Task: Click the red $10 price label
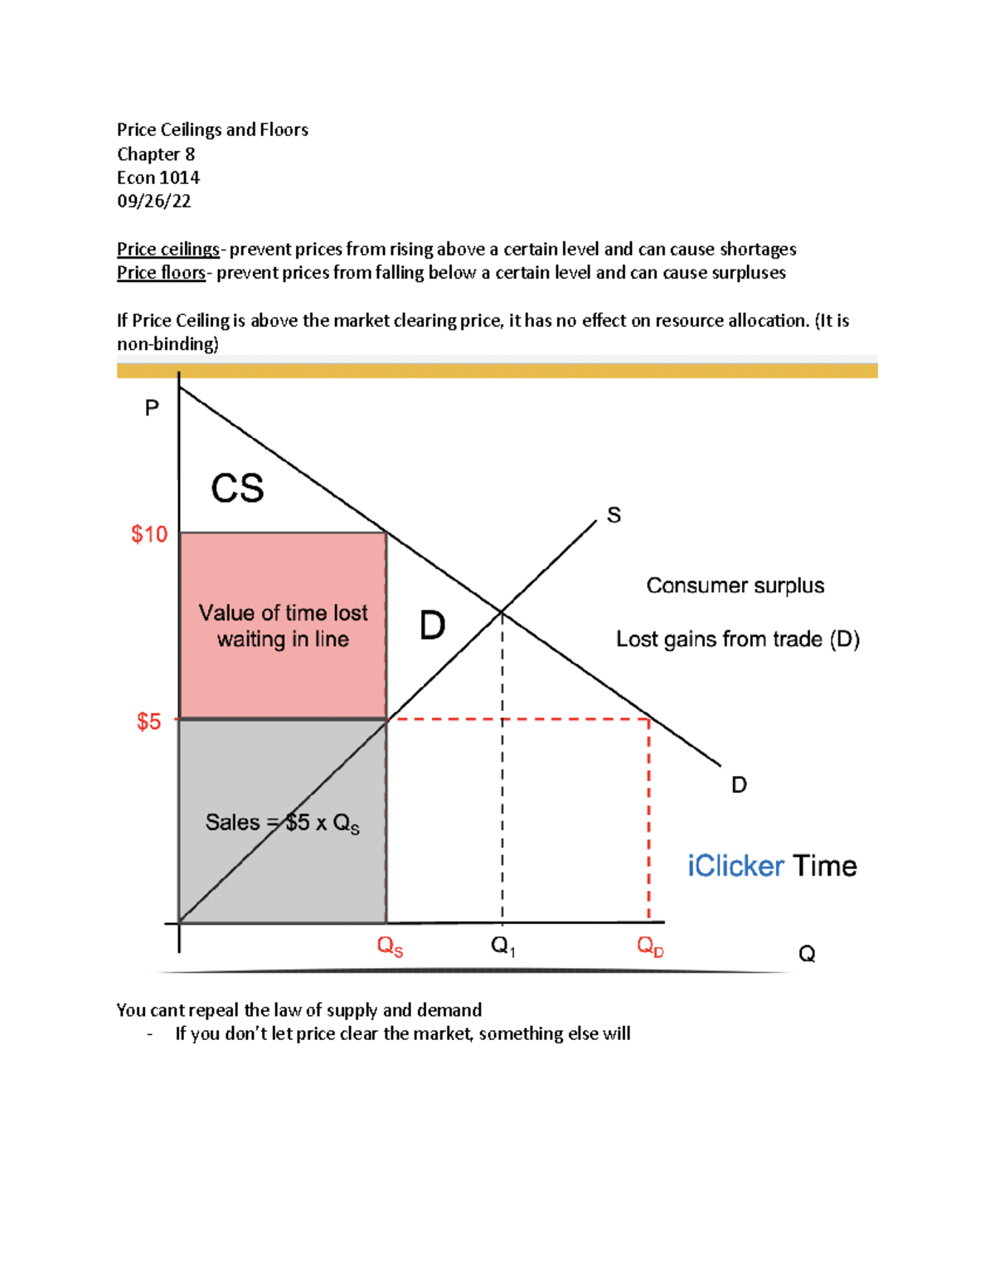(149, 534)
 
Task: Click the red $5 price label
(148, 722)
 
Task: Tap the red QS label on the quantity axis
(390, 946)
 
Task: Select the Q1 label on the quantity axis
(502, 945)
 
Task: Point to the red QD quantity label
(650, 946)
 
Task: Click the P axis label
(152, 408)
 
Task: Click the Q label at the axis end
(807, 954)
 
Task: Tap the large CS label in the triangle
(237, 488)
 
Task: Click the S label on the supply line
(614, 515)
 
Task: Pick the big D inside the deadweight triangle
(432, 625)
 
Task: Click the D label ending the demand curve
(739, 785)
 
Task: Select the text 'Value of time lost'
(283, 613)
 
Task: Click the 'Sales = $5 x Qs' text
(282, 823)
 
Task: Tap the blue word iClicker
(735, 866)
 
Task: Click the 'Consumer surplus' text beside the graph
(735, 586)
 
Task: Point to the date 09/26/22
(154, 201)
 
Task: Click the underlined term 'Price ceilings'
(167, 249)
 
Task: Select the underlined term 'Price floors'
(161, 272)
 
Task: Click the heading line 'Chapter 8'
(156, 154)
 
